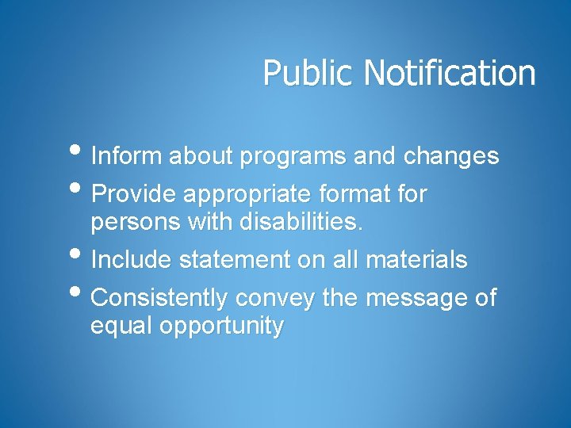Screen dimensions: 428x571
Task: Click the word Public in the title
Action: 310,73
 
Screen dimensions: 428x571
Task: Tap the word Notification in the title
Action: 450,73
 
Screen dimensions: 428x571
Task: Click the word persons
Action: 136,224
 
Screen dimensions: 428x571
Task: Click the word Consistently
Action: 160,299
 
